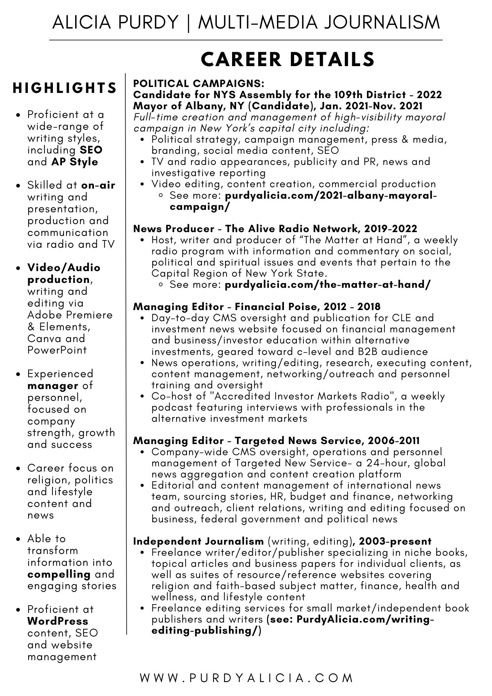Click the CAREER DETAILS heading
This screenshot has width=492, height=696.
click(x=288, y=59)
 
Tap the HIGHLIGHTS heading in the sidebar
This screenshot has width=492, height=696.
click(x=65, y=88)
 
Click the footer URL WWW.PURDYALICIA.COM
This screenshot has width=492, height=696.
click(x=247, y=678)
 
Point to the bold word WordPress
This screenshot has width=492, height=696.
click(x=58, y=621)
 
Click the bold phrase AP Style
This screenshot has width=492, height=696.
click(x=75, y=162)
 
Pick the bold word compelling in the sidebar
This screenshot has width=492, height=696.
click(x=59, y=574)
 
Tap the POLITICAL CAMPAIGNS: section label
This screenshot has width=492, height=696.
click(x=199, y=84)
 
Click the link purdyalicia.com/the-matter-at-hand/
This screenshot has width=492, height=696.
click(x=328, y=285)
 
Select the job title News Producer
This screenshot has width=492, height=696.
click(x=174, y=229)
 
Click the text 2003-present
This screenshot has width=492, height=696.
click(x=395, y=541)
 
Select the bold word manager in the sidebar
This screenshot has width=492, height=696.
click(x=53, y=386)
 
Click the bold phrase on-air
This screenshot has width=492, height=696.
click(x=98, y=185)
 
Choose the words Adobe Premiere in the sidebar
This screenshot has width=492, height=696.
click(x=70, y=315)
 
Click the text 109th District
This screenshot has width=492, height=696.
click(x=372, y=95)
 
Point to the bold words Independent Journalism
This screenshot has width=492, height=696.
click(x=199, y=541)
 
